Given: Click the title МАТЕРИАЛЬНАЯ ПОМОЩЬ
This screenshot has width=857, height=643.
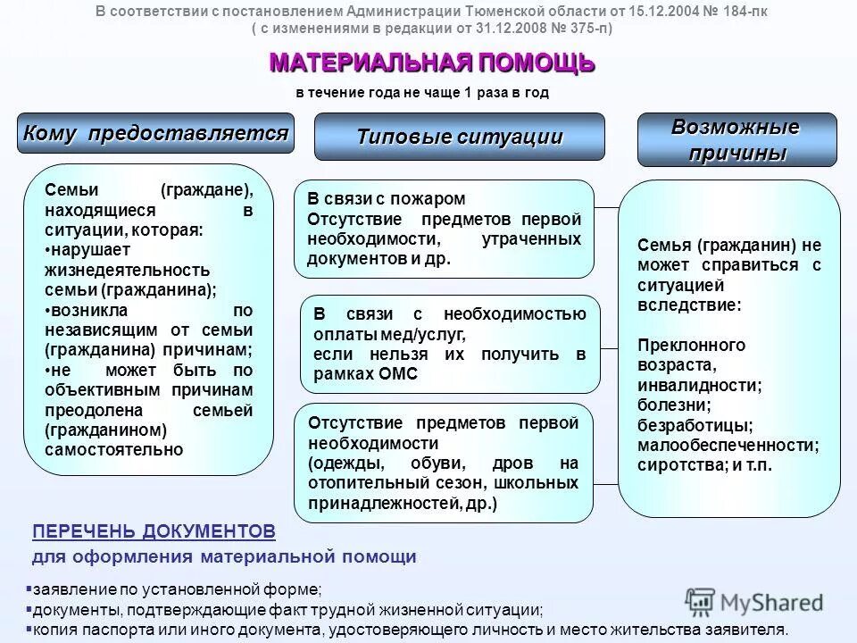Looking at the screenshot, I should [431, 63].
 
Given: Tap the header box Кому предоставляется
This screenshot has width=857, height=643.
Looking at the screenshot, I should [156, 133].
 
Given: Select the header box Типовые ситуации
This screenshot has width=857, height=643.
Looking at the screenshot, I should [460, 137].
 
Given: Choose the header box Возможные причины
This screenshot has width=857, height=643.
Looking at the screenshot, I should [736, 139].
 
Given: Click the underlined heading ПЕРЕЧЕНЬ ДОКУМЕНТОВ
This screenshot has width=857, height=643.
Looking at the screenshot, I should [154, 531].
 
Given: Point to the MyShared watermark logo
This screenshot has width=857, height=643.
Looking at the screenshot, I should [754, 602].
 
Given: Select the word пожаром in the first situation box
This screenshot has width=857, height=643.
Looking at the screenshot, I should [433, 198].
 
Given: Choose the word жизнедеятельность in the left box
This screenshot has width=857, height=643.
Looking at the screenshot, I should [127, 270].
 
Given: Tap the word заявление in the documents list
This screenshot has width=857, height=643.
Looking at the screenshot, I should [73, 589].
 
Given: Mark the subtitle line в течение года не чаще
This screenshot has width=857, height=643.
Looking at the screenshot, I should [421, 93].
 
